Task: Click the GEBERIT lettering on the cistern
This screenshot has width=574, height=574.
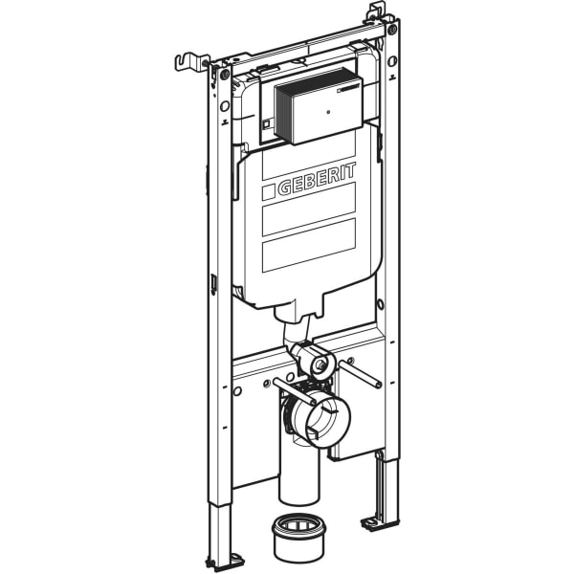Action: (x=317, y=180)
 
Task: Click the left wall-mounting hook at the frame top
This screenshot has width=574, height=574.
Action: (x=191, y=61)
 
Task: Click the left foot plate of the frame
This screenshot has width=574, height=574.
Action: (x=224, y=560)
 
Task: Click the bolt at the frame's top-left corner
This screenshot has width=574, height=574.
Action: (x=225, y=75)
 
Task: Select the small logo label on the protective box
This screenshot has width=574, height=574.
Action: (x=350, y=89)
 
